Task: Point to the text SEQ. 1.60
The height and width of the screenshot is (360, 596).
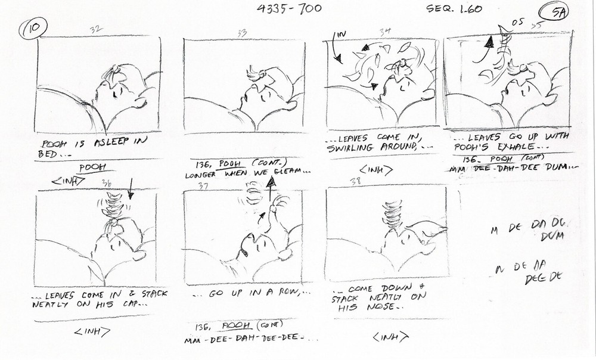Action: (x=454, y=9)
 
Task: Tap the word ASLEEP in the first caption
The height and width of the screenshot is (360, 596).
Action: (x=103, y=143)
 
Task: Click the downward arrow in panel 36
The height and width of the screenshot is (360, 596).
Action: (x=131, y=192)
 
